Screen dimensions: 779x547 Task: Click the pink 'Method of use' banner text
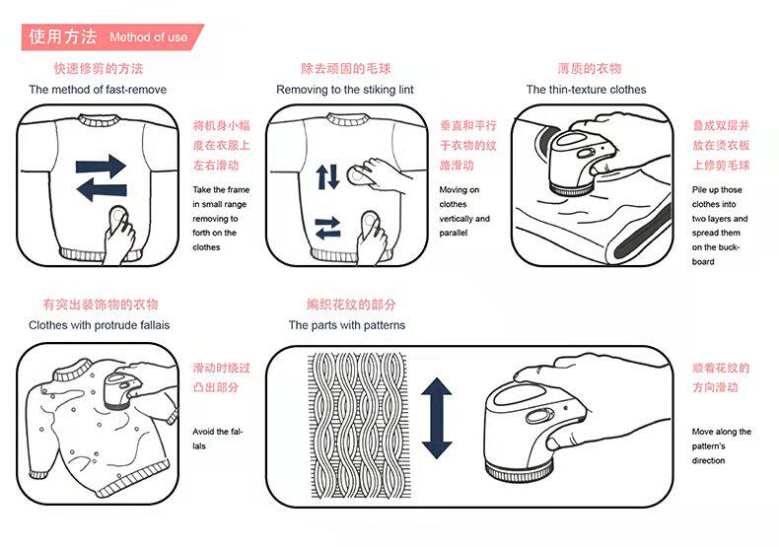click(x=148, y=37)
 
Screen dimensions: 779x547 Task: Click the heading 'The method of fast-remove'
click(x=98, y=90)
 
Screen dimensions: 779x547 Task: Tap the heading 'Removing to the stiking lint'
click(x=345, y=90)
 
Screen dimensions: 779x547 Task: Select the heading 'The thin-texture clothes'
click(x=586, y=90)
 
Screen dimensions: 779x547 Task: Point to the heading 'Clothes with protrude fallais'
click(x=99, y=325)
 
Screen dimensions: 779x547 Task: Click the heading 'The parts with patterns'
click(x=346, y=325)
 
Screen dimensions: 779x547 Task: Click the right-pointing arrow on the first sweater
click(x=101, y=166)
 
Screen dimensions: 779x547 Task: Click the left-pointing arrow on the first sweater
click(x=101, y=188)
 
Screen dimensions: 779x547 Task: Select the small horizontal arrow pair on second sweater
click(x=327, y=231)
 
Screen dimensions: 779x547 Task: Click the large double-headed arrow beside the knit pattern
click(x=436, y=418)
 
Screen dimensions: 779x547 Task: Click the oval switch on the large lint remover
click(x=538, y=417)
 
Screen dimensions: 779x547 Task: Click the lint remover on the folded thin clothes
click(x=582, y=158)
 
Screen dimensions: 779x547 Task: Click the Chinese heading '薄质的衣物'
click(x=589, y=69)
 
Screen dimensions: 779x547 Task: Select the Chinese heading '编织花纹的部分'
click(x=351, y=305)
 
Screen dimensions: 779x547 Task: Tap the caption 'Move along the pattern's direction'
click(x=721, y=445)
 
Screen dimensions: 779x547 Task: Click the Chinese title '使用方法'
click(x=62, y=37)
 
